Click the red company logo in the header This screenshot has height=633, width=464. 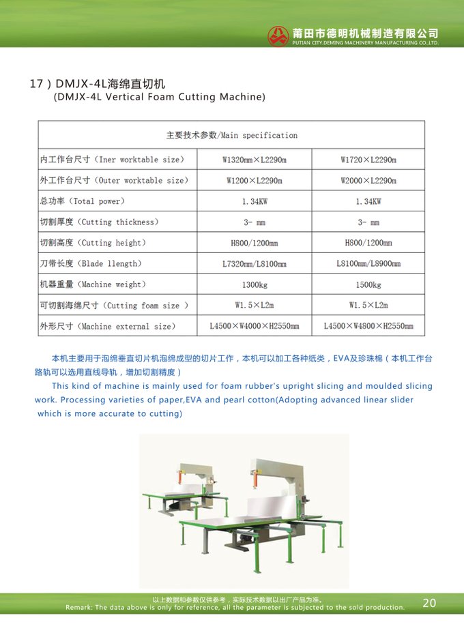coord(278,36)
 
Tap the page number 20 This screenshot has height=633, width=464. coord(429,602)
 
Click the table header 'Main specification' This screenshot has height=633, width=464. coord(232,135)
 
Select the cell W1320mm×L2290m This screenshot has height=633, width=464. coord(254,160)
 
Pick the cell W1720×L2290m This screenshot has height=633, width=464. coord(368,160)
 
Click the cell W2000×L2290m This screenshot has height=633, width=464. coord(368,181)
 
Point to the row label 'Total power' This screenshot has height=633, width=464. coord(83,201)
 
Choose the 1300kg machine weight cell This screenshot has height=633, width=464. coord(254,284)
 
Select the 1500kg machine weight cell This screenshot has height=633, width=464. coord(368,284)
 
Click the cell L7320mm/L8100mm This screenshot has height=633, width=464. coord(254,264)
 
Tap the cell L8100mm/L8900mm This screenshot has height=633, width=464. coord(368,264)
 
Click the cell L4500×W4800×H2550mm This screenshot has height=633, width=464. coord(368,327)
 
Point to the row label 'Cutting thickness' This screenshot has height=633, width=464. coord(99,222)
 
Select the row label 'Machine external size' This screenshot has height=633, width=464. coord(107,327)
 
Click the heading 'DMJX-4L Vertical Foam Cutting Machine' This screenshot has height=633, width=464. coord(159,97)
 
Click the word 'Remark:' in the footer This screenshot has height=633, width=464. coord(80,607)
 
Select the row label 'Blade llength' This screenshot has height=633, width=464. coord(91,264)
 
